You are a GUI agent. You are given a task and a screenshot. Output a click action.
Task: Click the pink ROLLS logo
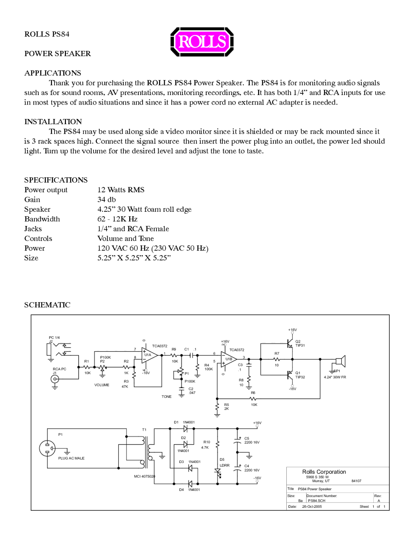[x=202, y=42]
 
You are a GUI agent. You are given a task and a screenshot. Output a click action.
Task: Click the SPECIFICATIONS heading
[x=56, y=180]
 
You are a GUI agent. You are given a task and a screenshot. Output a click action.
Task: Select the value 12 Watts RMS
[x=121, y=190]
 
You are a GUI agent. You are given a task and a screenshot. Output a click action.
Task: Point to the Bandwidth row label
[x=42, y=219]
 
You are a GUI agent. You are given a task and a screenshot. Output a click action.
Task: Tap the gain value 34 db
[x=107, y=200]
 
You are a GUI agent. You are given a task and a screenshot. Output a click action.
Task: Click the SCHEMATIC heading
[x=47, y=305]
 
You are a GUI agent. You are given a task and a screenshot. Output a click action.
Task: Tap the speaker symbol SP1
[x=340, y=361]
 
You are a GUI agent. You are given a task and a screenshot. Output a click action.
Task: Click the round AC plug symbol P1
[x=48, y=448]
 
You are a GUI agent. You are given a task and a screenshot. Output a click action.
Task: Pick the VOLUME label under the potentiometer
[x=102, y=385]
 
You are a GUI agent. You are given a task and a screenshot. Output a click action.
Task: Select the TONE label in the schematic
[x=166, y=397]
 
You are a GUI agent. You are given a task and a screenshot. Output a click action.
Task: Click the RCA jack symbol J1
[x=55, y=379]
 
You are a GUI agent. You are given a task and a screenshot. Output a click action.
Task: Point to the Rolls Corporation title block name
[x=324, y=472]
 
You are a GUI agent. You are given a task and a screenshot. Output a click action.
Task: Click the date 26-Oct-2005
[x=312, y=506]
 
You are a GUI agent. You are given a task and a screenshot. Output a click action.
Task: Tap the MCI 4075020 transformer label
[x=145, y=476]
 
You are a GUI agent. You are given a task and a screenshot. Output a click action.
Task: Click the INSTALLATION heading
[x=53, y=122]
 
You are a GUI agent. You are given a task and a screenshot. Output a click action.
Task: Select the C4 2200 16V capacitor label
[x=251, y=468]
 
